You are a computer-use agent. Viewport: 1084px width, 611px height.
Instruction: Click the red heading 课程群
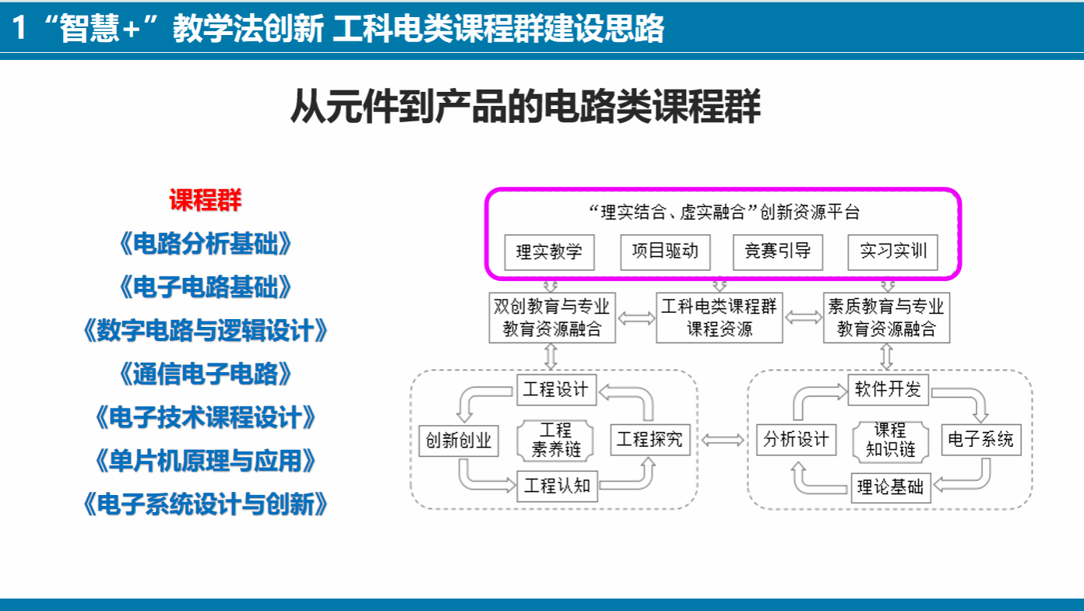[x=205, y=200]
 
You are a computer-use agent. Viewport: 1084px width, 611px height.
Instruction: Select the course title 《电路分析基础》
[x=205, y=244]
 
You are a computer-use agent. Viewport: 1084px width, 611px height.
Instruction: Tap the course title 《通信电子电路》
[x=205, y=374]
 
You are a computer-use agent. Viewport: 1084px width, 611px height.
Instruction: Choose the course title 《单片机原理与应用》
[x=205, y=461]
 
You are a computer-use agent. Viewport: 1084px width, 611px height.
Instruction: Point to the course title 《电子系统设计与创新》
[x=205, y=504]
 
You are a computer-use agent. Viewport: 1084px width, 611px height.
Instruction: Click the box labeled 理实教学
[x=549, y=252]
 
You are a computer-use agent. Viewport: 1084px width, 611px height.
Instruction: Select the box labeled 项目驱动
[x=665, y=251]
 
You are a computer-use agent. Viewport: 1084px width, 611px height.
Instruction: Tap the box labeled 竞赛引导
[x=778, y=251]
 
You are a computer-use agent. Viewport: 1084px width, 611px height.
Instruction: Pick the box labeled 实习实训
[x=893, y=251]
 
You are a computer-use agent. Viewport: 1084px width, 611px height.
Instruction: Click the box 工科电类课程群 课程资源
[x=719, y=318]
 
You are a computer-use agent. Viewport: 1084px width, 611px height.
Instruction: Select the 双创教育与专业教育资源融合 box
[x=552, y=318]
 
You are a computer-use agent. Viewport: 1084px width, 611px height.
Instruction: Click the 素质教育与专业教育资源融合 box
[x=886, y=318]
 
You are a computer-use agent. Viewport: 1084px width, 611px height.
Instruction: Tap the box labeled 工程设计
[x=557, y=389]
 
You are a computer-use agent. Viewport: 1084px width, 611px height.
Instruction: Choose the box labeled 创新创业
[x=459, y=441]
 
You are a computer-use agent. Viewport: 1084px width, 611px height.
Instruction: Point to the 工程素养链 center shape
[x=555, y=440]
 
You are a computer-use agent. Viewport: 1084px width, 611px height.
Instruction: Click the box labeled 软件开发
[x=888, y=389]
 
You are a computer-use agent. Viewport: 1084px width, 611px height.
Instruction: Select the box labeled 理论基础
[x=891, y=488]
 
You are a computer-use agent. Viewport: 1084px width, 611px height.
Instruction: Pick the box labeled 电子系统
[x=981, y=440]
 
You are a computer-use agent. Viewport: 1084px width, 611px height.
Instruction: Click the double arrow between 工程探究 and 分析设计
[x=723, y=441]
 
